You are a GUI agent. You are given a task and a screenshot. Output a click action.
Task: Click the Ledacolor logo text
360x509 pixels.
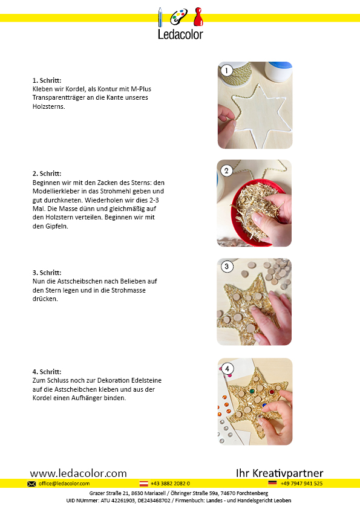180,34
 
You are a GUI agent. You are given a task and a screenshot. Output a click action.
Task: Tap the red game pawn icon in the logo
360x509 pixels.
198,17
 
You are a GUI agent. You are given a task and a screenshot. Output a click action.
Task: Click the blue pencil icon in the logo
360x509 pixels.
160,17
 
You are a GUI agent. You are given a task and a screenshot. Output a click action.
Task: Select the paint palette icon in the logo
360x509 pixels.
178,16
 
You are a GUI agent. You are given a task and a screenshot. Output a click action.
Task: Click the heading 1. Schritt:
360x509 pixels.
47,80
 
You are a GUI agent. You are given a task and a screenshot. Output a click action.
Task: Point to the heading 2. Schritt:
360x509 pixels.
47,173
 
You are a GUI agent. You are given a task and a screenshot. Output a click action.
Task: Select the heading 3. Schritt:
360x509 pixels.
47,273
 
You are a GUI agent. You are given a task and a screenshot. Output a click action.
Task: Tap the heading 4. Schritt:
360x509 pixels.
47,372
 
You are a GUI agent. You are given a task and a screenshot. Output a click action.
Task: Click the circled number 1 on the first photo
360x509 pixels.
226,71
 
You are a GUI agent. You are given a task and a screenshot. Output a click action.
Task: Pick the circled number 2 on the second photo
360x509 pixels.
226,170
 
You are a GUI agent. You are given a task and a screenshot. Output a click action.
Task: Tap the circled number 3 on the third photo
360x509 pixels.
227,267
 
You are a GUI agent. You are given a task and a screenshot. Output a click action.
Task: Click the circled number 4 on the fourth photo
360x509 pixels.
227,369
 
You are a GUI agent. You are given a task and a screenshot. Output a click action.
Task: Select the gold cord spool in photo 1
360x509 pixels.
237,74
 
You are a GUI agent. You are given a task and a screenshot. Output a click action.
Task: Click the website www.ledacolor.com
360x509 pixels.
78,473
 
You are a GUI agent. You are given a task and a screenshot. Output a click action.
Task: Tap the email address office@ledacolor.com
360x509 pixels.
64,484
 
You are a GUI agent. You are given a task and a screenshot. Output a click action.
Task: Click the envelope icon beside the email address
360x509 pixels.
31,484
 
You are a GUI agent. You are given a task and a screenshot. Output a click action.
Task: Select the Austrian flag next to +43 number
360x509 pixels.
143,484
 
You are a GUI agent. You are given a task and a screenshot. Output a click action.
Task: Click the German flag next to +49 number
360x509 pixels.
272,483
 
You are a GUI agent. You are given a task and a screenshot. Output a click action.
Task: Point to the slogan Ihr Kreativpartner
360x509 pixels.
280,473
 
